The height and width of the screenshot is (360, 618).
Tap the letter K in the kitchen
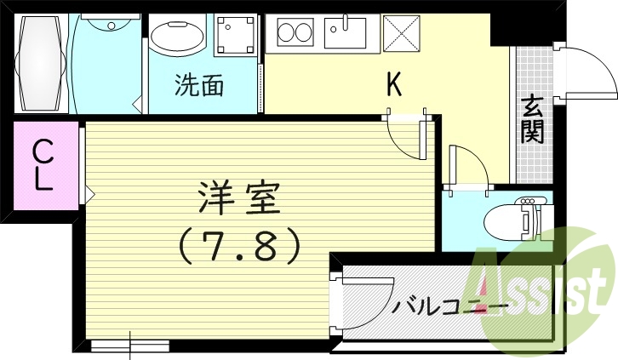coord(394,83)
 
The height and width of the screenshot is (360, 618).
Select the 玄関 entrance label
coord(532,119)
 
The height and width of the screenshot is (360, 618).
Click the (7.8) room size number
coord(239,246)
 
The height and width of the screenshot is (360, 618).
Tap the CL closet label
coord(43,165)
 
